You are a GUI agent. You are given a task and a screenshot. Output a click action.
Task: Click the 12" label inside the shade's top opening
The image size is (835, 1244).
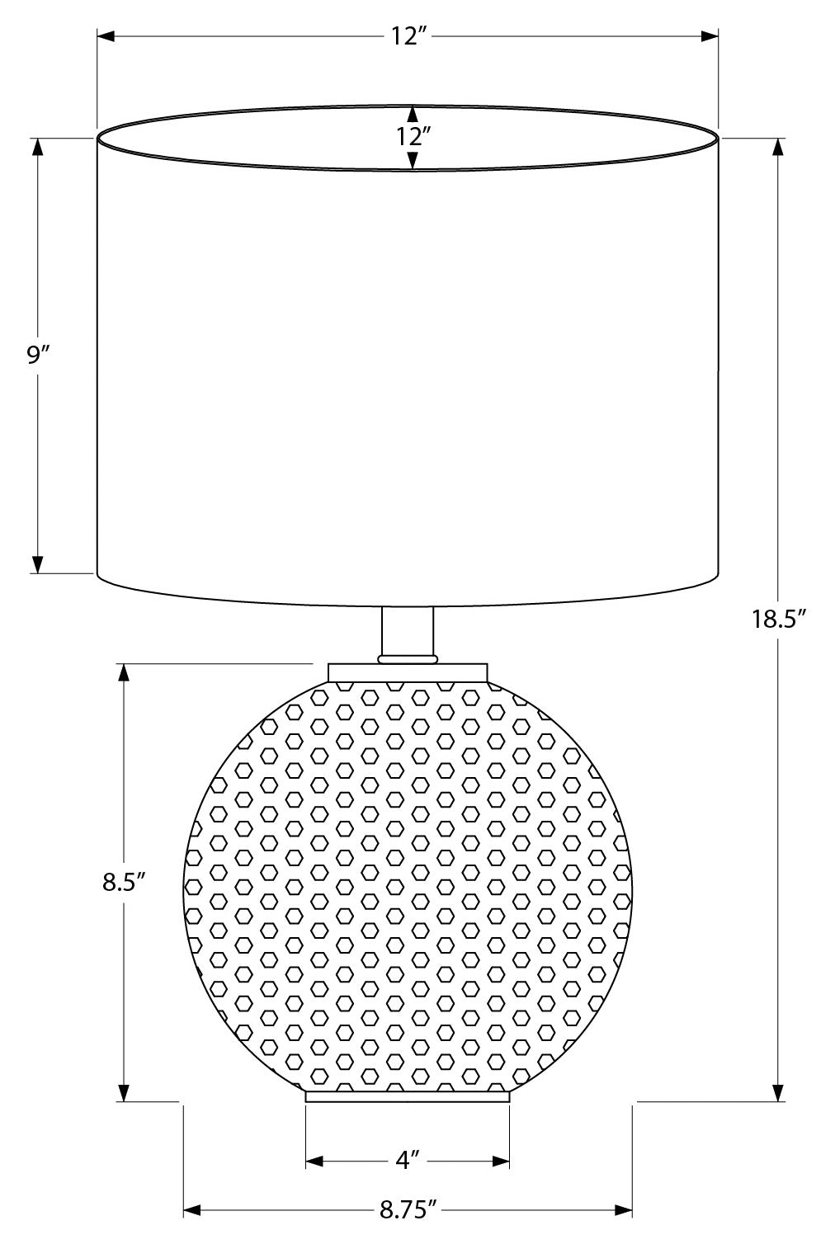point(410,138)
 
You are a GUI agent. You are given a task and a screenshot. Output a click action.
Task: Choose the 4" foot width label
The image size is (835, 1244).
point(408,1162)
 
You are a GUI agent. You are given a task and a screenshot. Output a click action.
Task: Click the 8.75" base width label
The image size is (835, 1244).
point(408,1210)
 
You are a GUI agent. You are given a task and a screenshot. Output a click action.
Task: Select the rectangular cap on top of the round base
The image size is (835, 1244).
point(408,671)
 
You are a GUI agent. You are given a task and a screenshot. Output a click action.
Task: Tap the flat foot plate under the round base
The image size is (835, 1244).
point(408,1096)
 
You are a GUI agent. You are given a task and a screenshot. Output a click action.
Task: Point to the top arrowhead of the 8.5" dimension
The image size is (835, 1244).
point(124,672)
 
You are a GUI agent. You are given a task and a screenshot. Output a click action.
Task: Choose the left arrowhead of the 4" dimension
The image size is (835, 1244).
point(314,1162)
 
